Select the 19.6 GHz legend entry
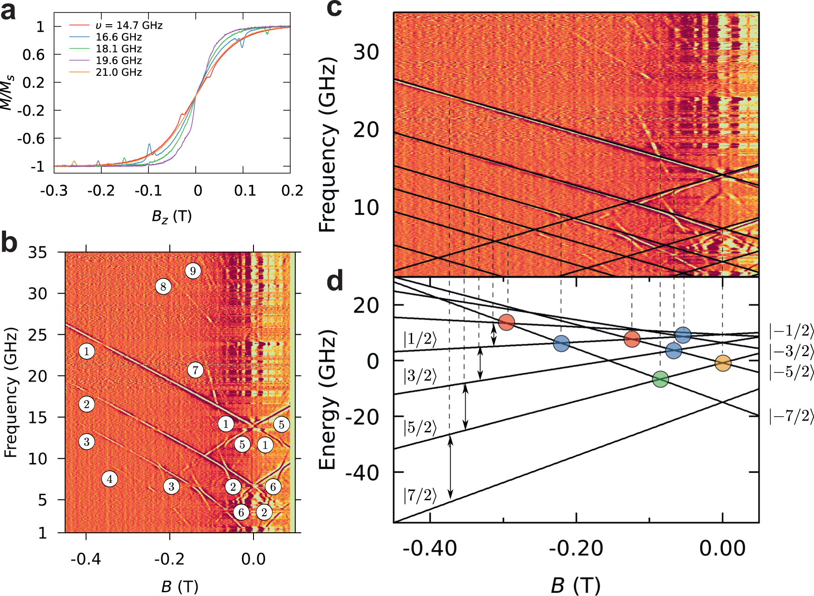click(119, 60)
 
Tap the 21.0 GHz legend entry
click(119, 72)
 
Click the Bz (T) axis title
click(172, 216)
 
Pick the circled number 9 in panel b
click(193, 271)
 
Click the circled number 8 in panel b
click(163, 286)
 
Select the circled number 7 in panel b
click(195, 371)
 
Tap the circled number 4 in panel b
click(109, 479)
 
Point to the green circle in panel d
click(661, 379)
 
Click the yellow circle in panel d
click(723, 363)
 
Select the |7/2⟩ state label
click(420, 496)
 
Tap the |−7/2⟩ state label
click(791, 416)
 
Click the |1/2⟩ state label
click(420, 340)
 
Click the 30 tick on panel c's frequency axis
click(366, 52)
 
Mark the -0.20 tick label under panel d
click(576, 549)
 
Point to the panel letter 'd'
click(335, 281)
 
